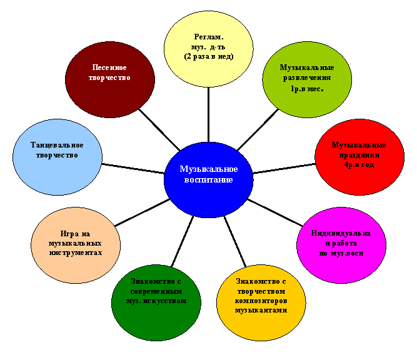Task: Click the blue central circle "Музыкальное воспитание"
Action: point(209,180)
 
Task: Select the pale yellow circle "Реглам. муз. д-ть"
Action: point(209,49)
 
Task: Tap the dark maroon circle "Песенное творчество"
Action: point(110,79)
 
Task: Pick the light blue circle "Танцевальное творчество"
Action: point(58,157)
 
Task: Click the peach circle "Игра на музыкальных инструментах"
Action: point(76,245)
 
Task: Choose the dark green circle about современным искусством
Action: point(156,302)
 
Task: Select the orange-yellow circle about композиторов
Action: point(261,302)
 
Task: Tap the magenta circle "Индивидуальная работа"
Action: point(341,245)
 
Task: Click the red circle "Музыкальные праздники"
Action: point(359,157)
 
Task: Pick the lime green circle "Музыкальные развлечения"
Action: point(307,79)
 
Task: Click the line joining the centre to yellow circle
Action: point(209,114)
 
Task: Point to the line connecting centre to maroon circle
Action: point(159,129)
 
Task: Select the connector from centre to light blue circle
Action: point(133,169)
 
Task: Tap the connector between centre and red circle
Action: point(284,169)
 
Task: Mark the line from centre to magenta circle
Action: point(275,212)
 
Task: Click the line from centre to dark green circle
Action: point(183,241)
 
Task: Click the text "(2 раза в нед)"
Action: point(209,57)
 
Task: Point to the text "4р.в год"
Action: point(359,165)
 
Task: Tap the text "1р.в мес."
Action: point(307,89)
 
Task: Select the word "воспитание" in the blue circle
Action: point(209,180)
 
